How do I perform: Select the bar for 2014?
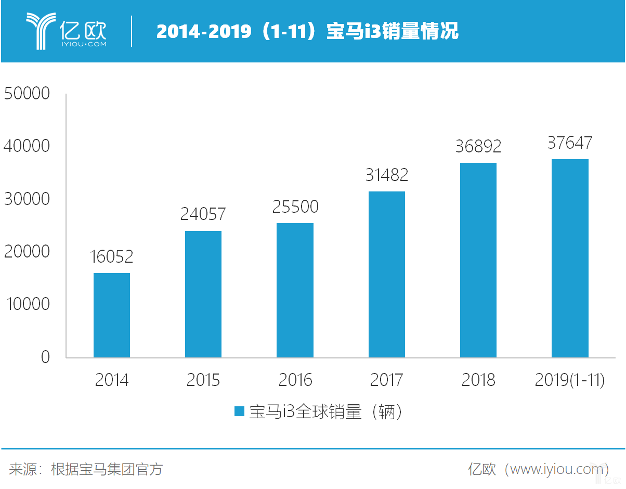[x=112, y=315]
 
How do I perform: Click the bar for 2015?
[x=203, y=294]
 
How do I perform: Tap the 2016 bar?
[x=295, y=290]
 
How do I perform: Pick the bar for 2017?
[x=386, y=275]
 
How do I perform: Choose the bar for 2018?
[x=478, y=260]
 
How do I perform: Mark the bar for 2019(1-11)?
[x=570, y=259]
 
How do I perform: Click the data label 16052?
[x=111, y=257]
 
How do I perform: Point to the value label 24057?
[x=203, y=214]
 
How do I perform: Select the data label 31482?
[x=386, y=175]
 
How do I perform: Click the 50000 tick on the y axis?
[x=27, y=94]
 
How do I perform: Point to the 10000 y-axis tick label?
[x=27, y=304]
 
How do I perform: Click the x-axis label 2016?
[x=295, y=380]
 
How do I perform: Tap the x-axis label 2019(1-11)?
[x=570, y=380]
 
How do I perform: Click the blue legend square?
[x=239, y=411]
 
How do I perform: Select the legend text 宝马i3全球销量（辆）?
[x=326, y=412]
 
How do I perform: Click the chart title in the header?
[x=307, y=31]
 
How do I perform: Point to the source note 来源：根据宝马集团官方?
[x=86, y=469]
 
